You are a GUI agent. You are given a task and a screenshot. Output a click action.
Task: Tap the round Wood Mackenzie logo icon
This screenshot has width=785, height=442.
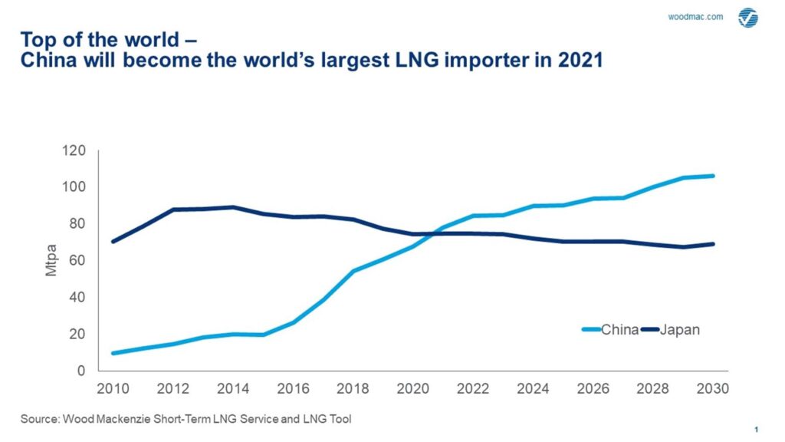[x=747, y=18]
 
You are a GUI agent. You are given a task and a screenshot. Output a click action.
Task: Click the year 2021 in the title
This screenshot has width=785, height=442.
[x=582, y=61]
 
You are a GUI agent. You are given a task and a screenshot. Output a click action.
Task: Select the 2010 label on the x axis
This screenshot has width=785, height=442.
[x=113, y=388]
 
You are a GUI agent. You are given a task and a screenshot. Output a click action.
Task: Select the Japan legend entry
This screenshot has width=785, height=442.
[x=681, y=330]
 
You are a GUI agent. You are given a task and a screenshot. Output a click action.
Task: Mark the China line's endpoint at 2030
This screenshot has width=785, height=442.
[x=713, y=176]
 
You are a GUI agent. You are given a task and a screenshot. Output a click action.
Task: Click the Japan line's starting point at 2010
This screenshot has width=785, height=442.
[x=113, y=242]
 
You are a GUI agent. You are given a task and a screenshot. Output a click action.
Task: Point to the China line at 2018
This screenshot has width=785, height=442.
[x=353, y=271]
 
